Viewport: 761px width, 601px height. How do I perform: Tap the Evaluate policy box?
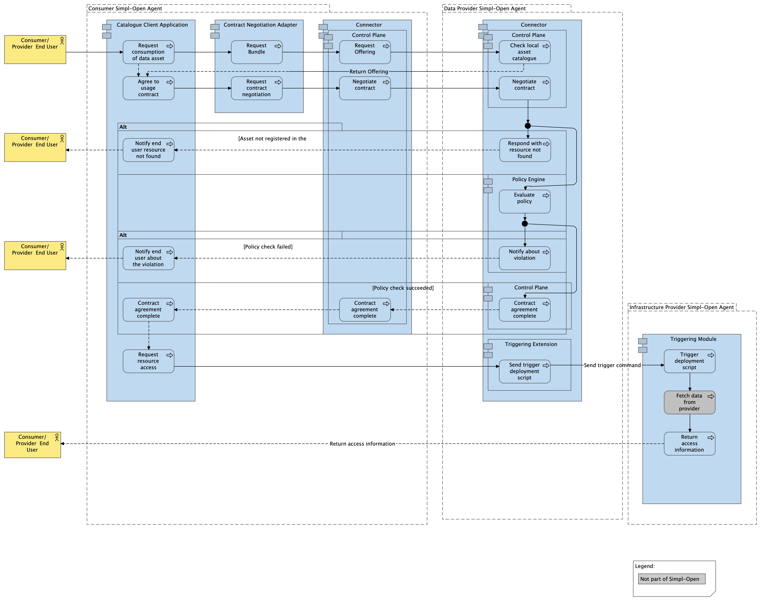524,201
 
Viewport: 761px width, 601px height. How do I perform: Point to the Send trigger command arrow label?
612,365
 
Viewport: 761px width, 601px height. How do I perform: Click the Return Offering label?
368,71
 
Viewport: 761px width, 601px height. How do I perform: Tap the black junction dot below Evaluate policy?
524,224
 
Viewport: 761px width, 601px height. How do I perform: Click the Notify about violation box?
524,258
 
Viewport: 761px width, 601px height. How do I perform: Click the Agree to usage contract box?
148,88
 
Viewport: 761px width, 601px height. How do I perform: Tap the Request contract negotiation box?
257,88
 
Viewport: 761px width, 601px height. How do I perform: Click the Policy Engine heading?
528,179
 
